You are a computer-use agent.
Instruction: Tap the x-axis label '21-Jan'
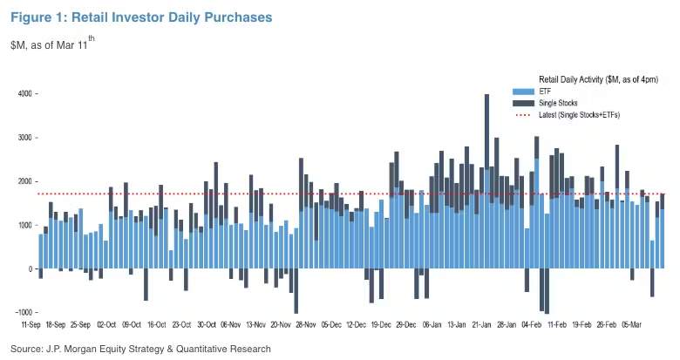(x=482, y=323)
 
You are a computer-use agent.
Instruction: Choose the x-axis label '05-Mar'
(x=631, y=323)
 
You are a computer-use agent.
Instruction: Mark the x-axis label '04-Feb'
(x=532, y=323)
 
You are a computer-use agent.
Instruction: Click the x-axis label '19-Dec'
(x=381, y=323)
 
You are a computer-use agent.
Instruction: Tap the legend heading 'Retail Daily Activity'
(x=598, y=79)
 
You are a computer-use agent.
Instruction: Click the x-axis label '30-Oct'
(x=207, y=323)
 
